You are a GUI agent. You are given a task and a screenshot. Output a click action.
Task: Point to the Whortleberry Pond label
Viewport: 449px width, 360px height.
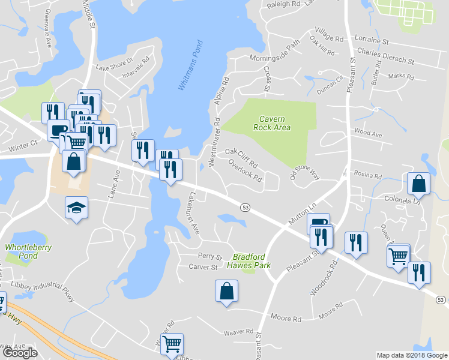(28, 251)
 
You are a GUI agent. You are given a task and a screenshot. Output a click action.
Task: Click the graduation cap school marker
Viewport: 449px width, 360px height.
(76, 208)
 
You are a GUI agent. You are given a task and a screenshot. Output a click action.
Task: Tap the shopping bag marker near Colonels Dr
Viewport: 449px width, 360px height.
(418, 185)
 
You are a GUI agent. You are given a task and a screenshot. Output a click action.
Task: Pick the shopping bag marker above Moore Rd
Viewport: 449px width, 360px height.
(227, 292)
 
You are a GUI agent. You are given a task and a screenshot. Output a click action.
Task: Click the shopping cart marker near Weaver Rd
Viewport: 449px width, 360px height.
(172, 344)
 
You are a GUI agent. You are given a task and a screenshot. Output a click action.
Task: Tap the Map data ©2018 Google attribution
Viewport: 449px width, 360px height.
(412, 355)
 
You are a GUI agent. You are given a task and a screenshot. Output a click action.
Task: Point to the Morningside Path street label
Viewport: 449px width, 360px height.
(275, 53)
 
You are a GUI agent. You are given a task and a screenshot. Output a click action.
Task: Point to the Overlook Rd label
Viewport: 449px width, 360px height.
(246, 174)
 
